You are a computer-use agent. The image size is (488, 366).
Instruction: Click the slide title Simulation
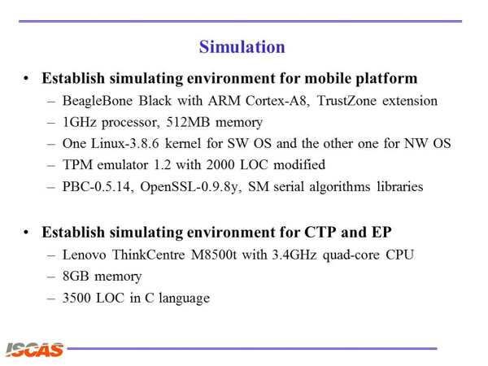(242, 47)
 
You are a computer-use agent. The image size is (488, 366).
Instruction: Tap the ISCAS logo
(34, 350)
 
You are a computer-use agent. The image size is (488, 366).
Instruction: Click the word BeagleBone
(98, 101)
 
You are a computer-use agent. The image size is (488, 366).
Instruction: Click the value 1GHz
(80, 122)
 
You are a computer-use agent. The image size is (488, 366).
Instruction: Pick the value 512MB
(188, 122)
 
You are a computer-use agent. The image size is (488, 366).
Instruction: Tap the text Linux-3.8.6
(125, 143)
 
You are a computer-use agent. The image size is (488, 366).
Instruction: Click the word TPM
(77, 164)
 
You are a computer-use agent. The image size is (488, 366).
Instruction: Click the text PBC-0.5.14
(98, 186)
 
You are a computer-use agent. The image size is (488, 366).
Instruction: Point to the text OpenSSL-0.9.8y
(191, 187)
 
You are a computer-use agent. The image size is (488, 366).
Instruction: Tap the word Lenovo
(84, 255)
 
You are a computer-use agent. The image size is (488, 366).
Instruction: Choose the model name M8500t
(214, 255)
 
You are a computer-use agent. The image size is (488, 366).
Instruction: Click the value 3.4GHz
(294, 255)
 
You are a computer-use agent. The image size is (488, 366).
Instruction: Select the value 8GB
(76, 276)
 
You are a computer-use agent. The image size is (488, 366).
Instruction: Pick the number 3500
(77, 298)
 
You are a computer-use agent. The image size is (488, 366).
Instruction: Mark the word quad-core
(351, 255)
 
